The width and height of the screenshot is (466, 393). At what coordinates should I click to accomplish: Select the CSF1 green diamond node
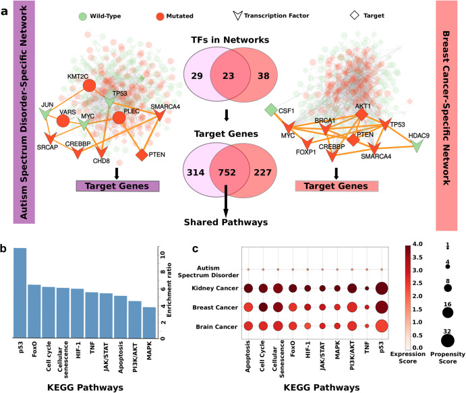[x=270, y=109]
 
